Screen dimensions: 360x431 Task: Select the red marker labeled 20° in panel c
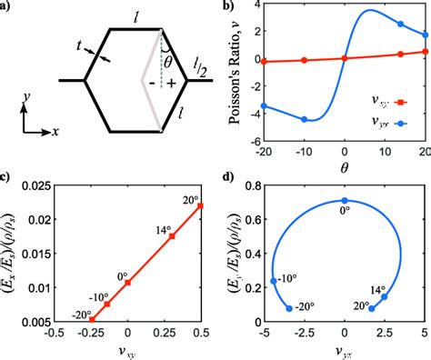click(x=201, y=205)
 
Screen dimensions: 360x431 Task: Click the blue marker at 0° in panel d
click(x=344, y=200)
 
